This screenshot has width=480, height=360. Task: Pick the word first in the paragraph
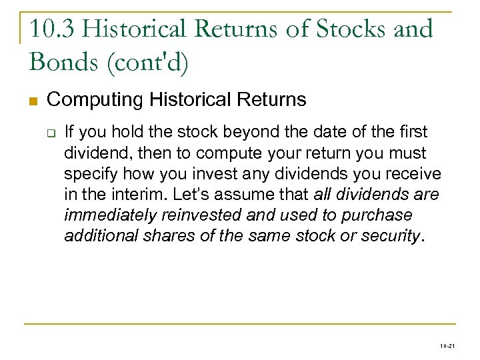[x=411, y=132]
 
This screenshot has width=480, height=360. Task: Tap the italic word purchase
[x=383, y=216]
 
